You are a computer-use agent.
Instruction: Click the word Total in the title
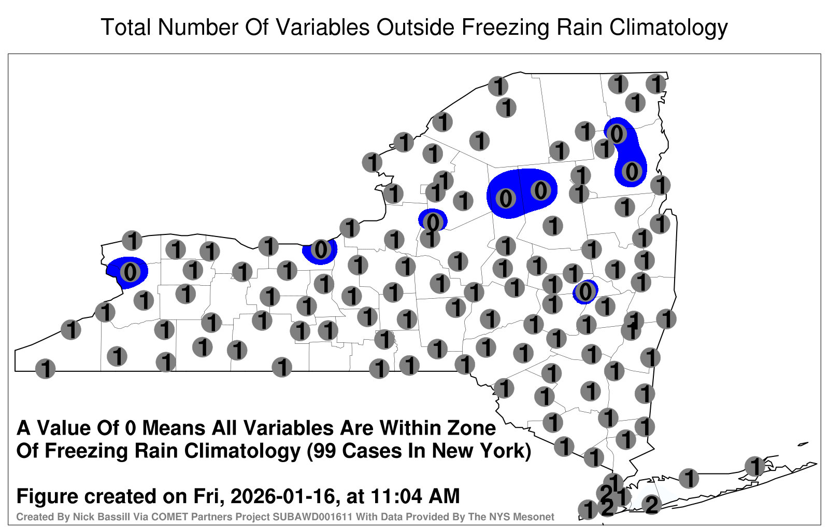126,27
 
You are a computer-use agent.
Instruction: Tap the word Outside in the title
415,27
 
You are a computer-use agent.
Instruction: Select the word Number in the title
198,27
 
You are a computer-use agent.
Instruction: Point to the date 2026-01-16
282,496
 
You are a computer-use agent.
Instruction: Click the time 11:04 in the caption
396,496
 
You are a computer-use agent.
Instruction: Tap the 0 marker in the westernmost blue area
130,272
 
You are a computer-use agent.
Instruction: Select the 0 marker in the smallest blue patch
585,291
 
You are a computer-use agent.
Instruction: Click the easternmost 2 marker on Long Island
652,505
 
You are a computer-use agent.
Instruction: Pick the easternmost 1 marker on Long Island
754,466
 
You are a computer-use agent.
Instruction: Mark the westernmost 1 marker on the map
45,369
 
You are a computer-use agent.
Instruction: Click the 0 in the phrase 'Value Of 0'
130,428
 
